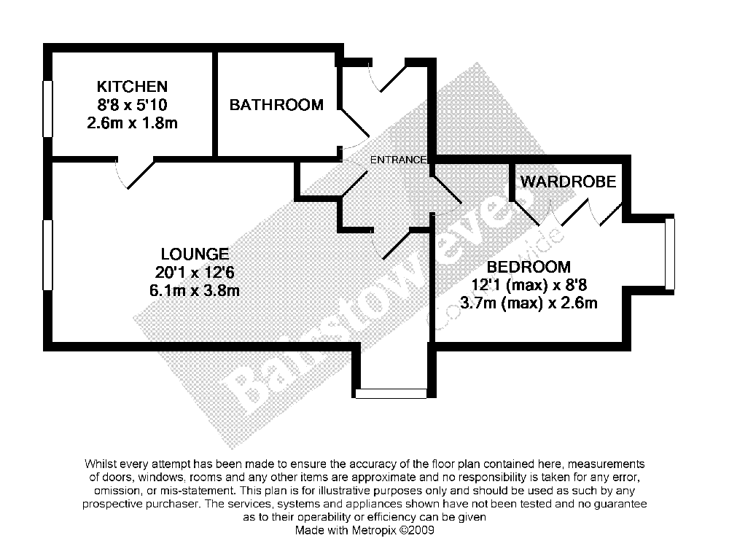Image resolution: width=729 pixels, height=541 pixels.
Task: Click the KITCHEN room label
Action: pyautogui.click(x=132, y=87)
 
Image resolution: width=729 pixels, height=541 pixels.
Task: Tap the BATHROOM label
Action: pyautogui.click(x=276, y=105)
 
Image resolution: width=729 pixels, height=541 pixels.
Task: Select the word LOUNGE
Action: pyautogui.click(x=195, y=254)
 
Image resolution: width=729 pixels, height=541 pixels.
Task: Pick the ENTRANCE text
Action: pyautogui.click(x=397, y=160)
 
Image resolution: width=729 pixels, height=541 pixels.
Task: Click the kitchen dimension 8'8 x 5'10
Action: pyautogui.click(x=132, y=105)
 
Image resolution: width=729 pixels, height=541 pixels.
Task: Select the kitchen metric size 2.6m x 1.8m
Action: pyautogui.click(x=132, y=122)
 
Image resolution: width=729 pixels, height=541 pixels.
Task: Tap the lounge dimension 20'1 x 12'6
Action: pyautogui.click(x=195, y=273)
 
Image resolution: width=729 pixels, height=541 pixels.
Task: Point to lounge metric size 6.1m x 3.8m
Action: pyautogui.click(x=195, y=290)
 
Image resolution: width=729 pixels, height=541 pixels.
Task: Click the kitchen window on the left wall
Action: pyautogui.click(x=48, y=109)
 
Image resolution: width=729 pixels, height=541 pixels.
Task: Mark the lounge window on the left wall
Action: pyautogui.click(x=48, y=254)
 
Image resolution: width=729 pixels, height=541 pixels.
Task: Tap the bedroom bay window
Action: pyautogui.click(x=670, y=254)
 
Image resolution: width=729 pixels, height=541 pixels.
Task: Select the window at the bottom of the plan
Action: pyautogui.click(x=391, y=394)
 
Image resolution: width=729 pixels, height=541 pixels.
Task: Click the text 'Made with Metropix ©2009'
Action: pyautogui.click(x=364, y=530)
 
